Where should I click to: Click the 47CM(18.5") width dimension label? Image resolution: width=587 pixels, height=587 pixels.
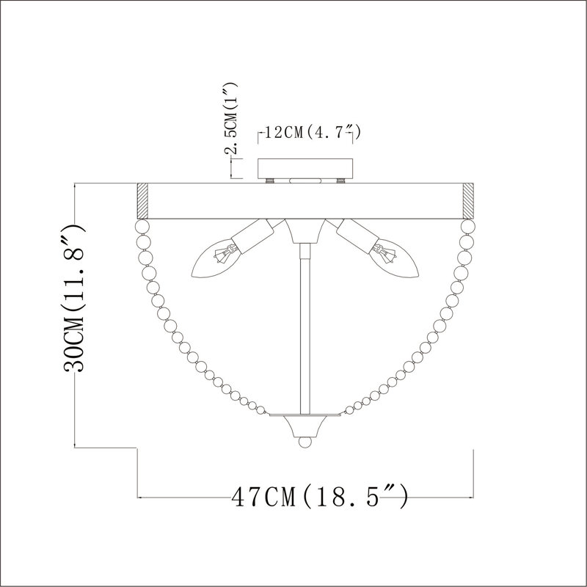click(x=320, y=496)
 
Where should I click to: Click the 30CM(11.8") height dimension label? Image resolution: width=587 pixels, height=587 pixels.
click(x=75, y=299)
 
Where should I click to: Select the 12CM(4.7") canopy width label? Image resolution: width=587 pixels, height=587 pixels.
click(x=313, y=133)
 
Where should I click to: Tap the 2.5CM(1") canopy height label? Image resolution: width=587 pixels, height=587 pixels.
click(x=231, y=118)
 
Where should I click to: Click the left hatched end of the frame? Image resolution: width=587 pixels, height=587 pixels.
click(x=142, y=201)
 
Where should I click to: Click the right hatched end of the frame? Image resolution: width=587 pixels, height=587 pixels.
click(x=468, y=201)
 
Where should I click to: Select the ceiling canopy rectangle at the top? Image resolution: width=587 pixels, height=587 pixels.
click(x=305, y=169)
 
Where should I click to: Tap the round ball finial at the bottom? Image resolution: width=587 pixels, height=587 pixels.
click(x=305, y=442)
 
